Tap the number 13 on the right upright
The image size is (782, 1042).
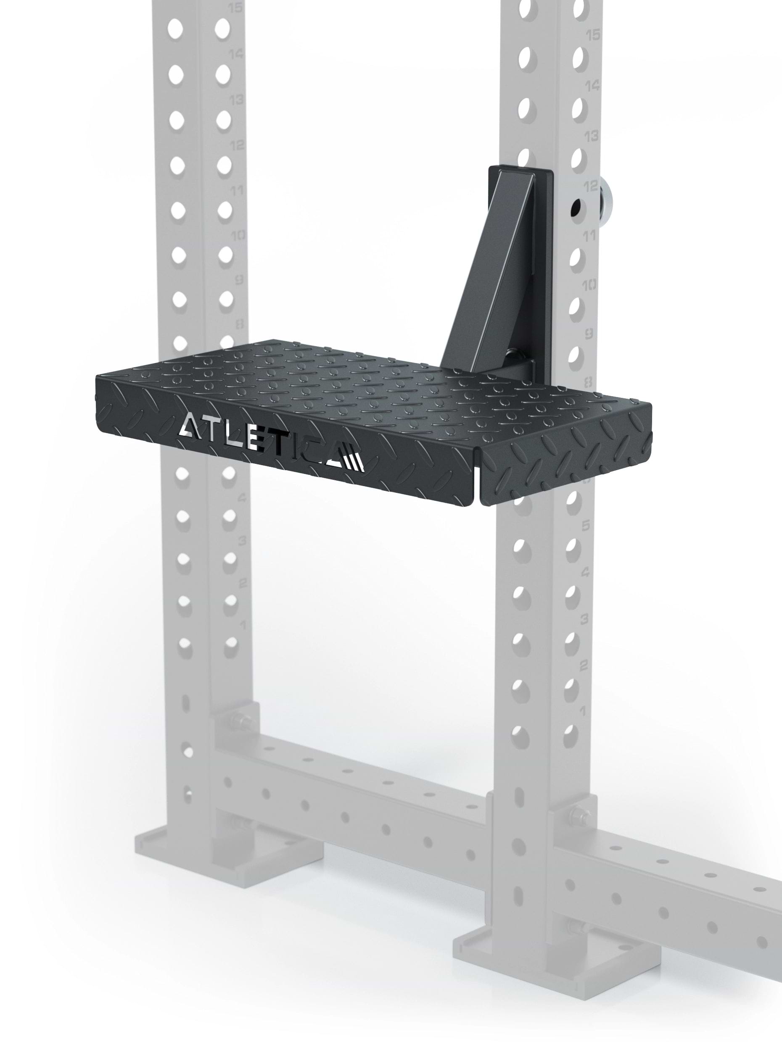591,136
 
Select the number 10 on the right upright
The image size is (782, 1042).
589,284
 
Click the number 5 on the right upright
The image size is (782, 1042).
586,526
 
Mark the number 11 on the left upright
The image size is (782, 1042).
237,190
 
